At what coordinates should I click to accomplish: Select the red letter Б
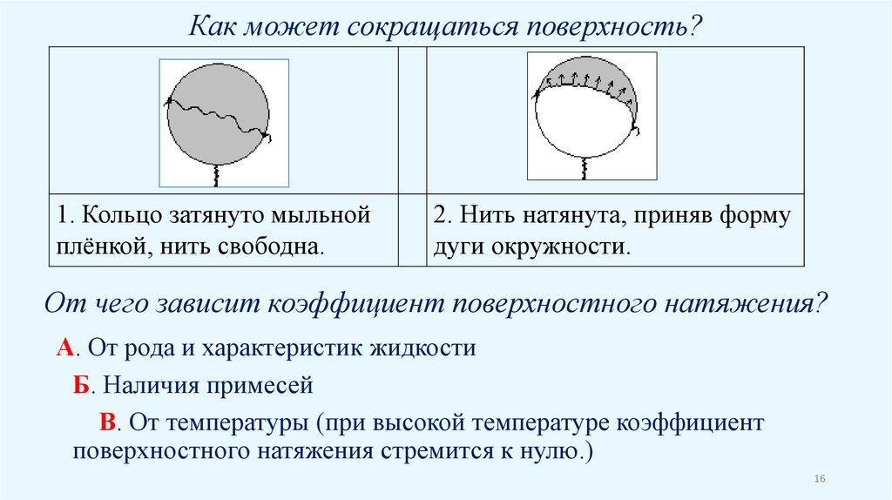(81, 385)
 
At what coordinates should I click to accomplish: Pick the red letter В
(108, 422)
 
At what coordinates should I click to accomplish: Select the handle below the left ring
(215, 174)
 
